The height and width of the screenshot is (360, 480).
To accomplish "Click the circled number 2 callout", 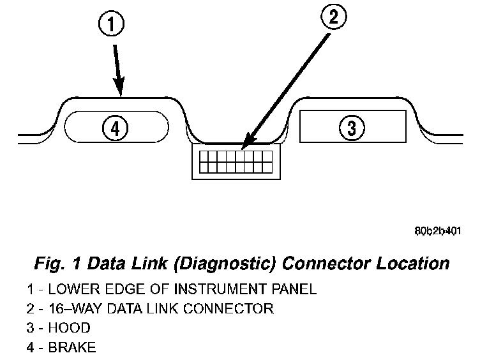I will click(333, 17).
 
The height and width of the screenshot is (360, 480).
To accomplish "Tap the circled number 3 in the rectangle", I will click(352, 128).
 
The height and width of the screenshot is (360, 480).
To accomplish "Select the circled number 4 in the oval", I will click(115, 128).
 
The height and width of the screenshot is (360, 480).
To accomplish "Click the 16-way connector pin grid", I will click(236, 161).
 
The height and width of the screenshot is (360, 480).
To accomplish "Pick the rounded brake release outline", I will click(77, 126).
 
